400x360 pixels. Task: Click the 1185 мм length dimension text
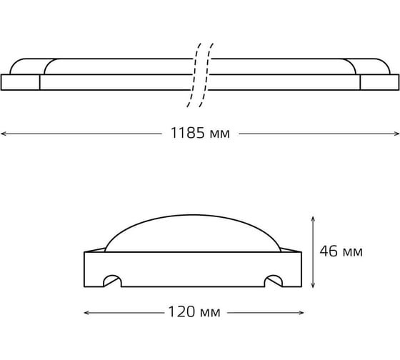tap(200, 133)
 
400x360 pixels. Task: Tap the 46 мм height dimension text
tap(341, 251)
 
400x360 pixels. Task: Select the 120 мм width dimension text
tap(194, 311)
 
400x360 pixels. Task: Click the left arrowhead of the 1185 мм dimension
tap(4, 134)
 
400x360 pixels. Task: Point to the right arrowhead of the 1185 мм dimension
tap(396, 134)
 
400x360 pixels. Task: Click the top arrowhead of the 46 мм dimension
tap(313, 219)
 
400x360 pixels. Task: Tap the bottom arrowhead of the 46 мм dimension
tap(313, 285)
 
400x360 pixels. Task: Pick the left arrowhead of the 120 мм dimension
tap(87, 313)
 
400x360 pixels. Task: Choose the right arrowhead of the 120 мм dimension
tap(301, 313)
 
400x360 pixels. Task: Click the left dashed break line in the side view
tap(194, 75)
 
